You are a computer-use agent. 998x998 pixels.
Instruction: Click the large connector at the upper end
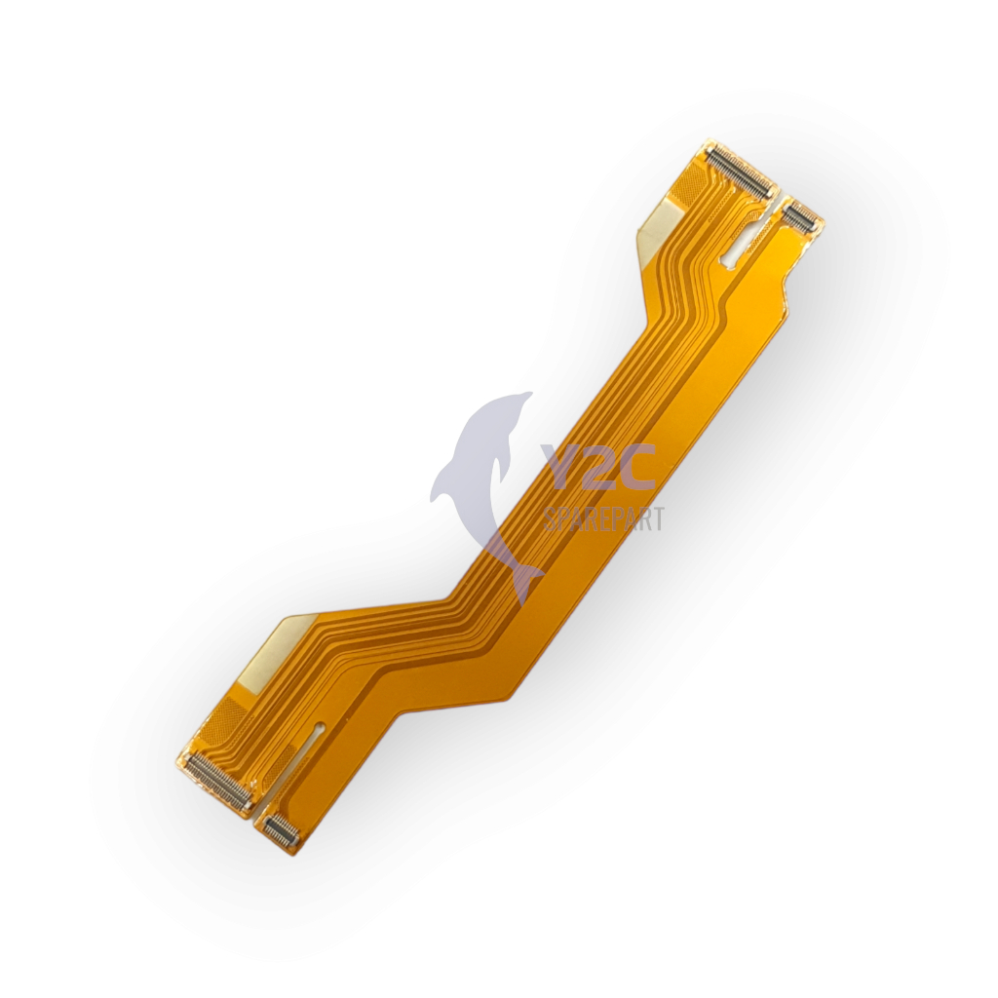pos(741,168)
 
